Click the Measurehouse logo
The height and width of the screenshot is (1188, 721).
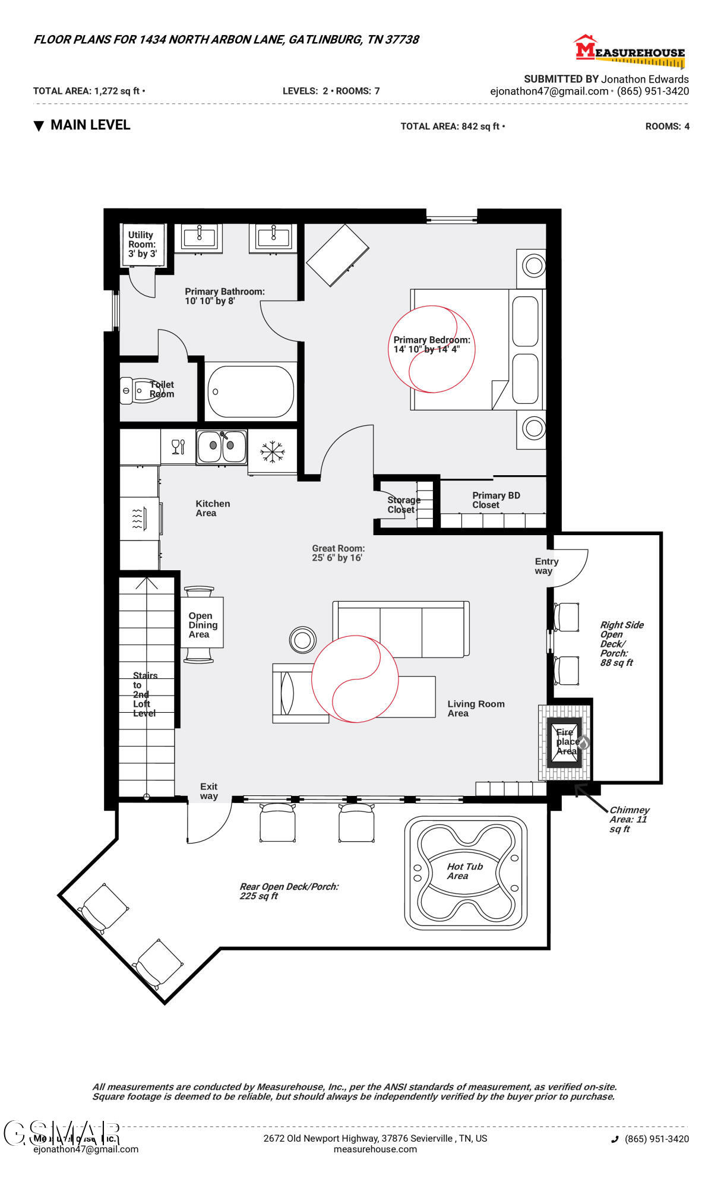click(629, 50)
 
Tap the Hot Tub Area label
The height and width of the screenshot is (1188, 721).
click(464, 871)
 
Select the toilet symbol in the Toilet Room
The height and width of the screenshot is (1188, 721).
click(140, 391)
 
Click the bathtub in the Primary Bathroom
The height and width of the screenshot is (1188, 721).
click(251, 391)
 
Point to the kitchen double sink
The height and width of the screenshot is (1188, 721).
click(222, 447)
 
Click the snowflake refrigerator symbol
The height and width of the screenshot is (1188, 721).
click(272, 451)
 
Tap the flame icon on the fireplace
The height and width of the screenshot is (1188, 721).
click(583, 742)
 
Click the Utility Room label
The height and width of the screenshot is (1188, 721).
click(142, 244)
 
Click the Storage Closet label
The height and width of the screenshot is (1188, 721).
click(403, 504)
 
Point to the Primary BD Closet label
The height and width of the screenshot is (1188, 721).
click(495, 500)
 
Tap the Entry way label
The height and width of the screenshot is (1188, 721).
click(546, 566)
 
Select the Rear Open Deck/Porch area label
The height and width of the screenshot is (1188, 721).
click(288, 891)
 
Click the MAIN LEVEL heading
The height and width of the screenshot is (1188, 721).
click(90, 125)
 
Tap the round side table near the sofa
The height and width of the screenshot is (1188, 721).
click(303, 640)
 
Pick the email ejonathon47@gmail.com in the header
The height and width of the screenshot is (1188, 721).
click(549, 91)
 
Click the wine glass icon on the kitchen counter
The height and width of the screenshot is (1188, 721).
click(178, 447)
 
